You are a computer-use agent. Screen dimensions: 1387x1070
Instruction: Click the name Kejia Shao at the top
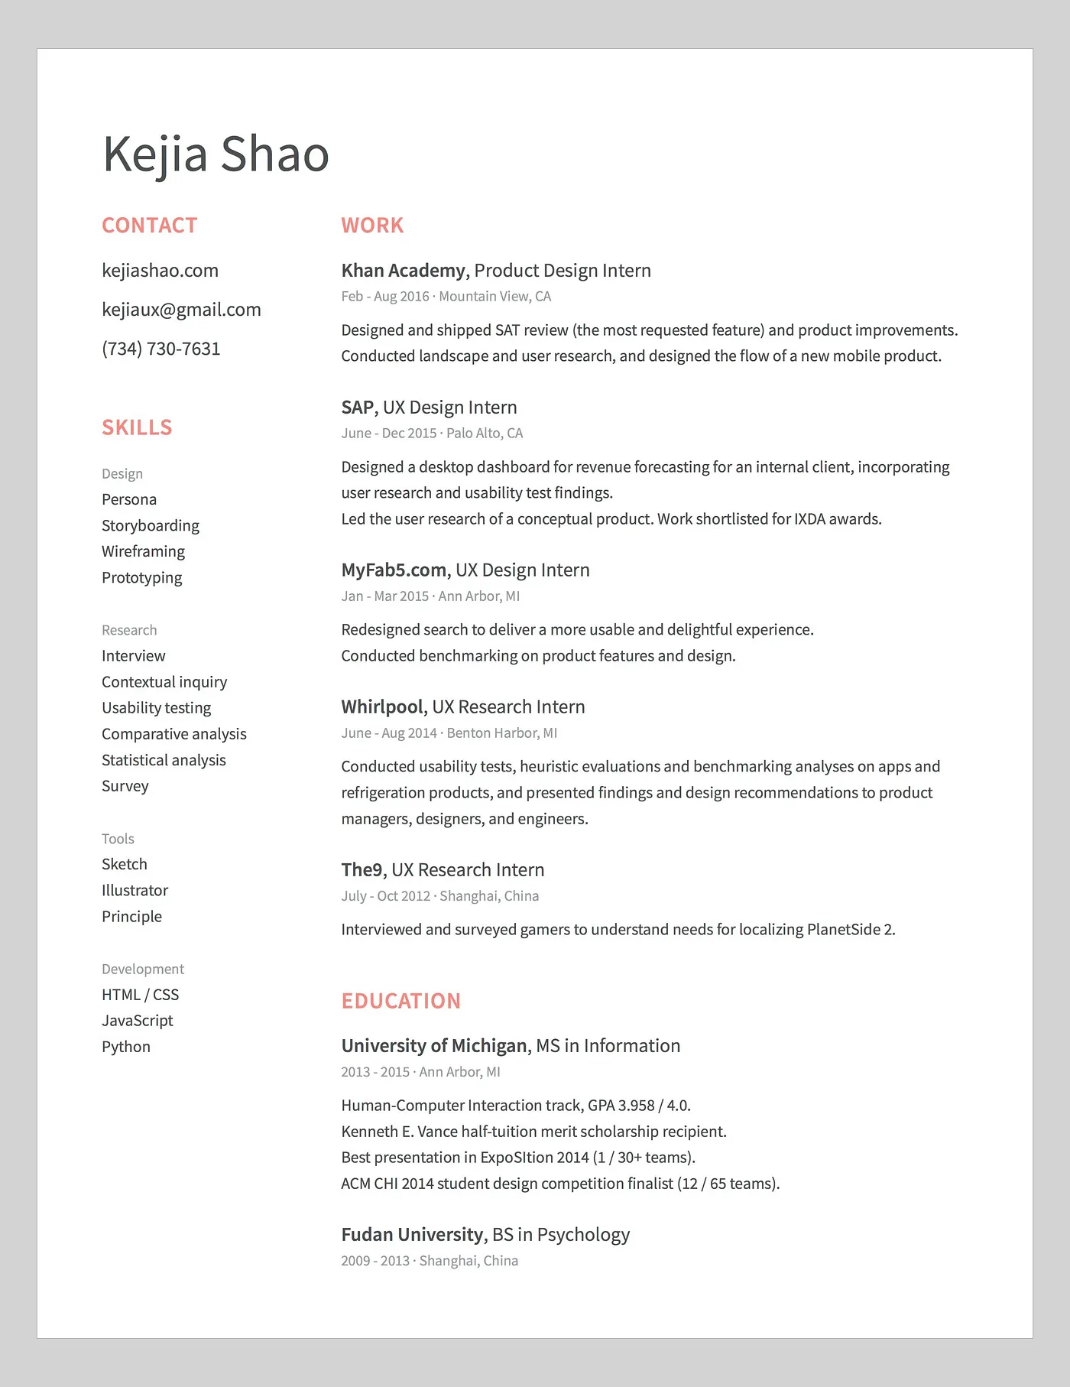(x=216, y=154)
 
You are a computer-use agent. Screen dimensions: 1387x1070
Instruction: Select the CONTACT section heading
(x=150, y=226)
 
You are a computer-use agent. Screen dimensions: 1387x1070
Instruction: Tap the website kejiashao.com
(x=160, y=271)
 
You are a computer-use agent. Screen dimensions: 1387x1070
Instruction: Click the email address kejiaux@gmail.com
(x=181, y=310)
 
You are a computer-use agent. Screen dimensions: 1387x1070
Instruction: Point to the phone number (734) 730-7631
(x=160, y=349)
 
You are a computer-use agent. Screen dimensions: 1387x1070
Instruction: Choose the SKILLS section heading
(x=137, y=427)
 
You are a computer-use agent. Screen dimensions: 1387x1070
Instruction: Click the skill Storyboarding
(x=151, y=525)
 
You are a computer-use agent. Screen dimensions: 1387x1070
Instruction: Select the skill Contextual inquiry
(x=164, y=682)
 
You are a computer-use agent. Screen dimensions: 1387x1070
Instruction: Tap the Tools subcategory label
(x=118, y=839)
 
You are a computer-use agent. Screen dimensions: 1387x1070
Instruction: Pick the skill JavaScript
(x=138, y=1021)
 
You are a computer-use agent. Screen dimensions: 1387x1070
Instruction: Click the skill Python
(x=126, y=1047)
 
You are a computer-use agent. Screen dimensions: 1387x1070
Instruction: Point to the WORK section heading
(x=372, y=226)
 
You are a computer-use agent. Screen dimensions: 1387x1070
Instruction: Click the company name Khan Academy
(x=403, y=271)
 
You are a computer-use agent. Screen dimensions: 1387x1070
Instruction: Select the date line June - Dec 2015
(x=389, y=434)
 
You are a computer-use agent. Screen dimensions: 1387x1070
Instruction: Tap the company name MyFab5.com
(x=394, y=570)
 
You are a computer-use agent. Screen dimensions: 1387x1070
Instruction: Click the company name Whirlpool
(x=382, y=707)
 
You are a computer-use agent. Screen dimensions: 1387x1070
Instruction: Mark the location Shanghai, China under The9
(x=489, y=896)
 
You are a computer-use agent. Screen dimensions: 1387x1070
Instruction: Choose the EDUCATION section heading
(x=401, y=1001)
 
